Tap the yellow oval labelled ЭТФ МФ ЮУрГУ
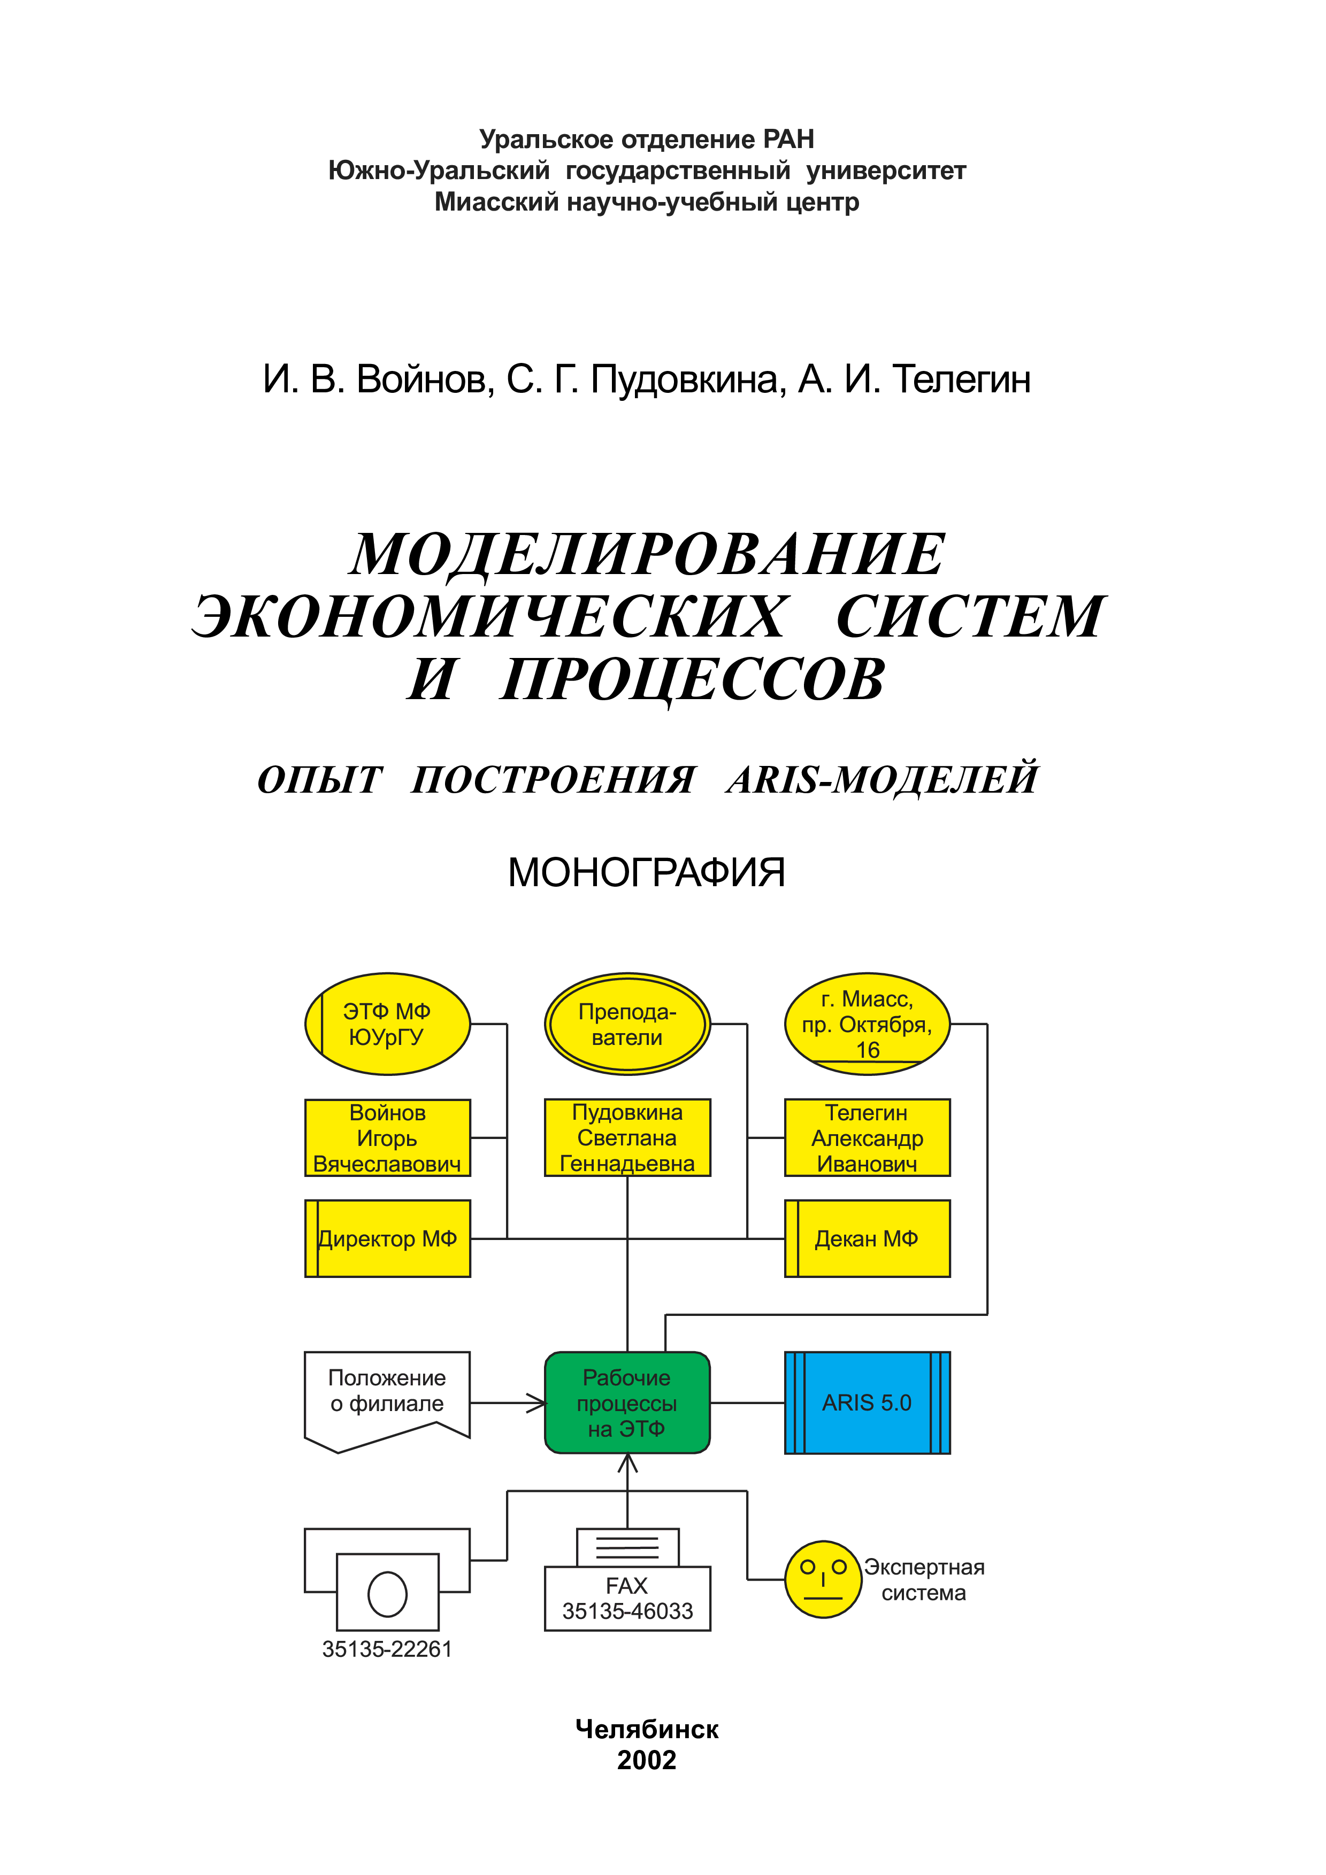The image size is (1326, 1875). point(387,1024)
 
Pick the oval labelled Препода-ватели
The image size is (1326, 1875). point(627,1024)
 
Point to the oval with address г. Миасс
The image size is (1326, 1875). point(867,1024)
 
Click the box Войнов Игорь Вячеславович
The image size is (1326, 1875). point(387,1137)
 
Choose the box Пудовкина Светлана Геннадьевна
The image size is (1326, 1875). point(627,1137)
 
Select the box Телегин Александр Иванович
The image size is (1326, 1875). point(867,1137)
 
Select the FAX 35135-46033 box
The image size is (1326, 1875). point(627,1579)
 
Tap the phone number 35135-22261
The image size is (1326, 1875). point(387,1649)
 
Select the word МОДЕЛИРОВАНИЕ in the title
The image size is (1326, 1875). point(647,554)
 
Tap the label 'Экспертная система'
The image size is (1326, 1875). point(924,1580)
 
